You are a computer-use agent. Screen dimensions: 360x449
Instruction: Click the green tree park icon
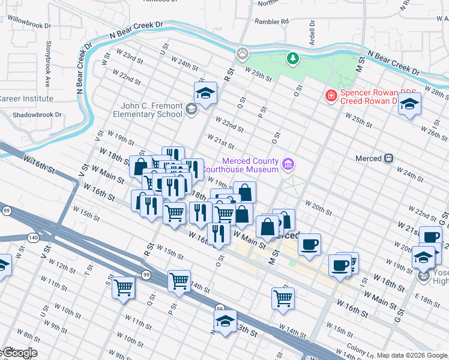coord(292,59)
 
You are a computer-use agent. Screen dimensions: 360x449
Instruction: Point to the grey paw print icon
coord(243,53)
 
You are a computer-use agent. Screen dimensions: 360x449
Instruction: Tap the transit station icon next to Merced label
coord(388,158)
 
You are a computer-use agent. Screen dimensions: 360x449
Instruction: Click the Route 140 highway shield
coord(33,238)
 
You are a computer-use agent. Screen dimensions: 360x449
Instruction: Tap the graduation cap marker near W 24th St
coord(205,93)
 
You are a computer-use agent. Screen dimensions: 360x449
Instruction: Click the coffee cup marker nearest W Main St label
coord(309,244)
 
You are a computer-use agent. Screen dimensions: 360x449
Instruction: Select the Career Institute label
coord(26,98)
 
